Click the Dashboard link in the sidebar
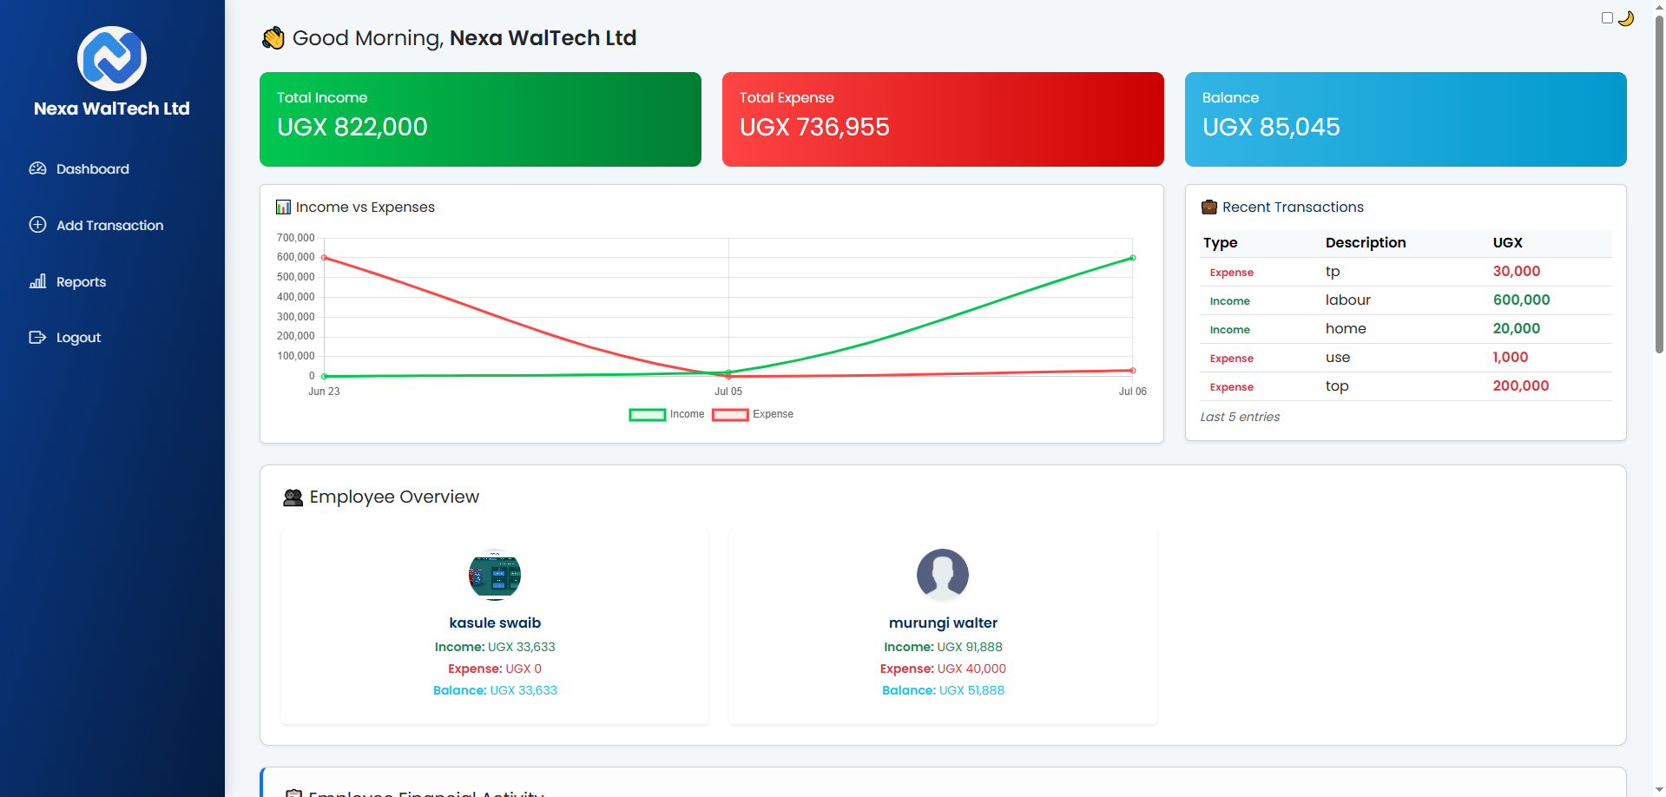[92, 169]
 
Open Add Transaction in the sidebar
[109, 226]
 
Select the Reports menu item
[81, 282]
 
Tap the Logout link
[78, 338]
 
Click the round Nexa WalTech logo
[112, 59]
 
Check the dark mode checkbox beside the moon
[1607, 18]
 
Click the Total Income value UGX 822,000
[352, 128]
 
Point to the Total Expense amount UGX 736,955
[814, 128]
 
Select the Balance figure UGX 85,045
[1271, 128]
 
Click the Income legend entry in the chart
[667, 415]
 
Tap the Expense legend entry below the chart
[753, 415]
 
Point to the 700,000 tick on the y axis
[295, 238]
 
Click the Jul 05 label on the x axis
[728, 392]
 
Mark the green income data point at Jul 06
[1133, 258]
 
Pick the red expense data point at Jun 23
[324, 258]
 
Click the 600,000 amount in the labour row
[1521, 300]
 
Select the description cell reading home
[1346, 329]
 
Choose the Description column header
[1365, 243]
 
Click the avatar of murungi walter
[943, 575]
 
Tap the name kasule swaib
[495, 623]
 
